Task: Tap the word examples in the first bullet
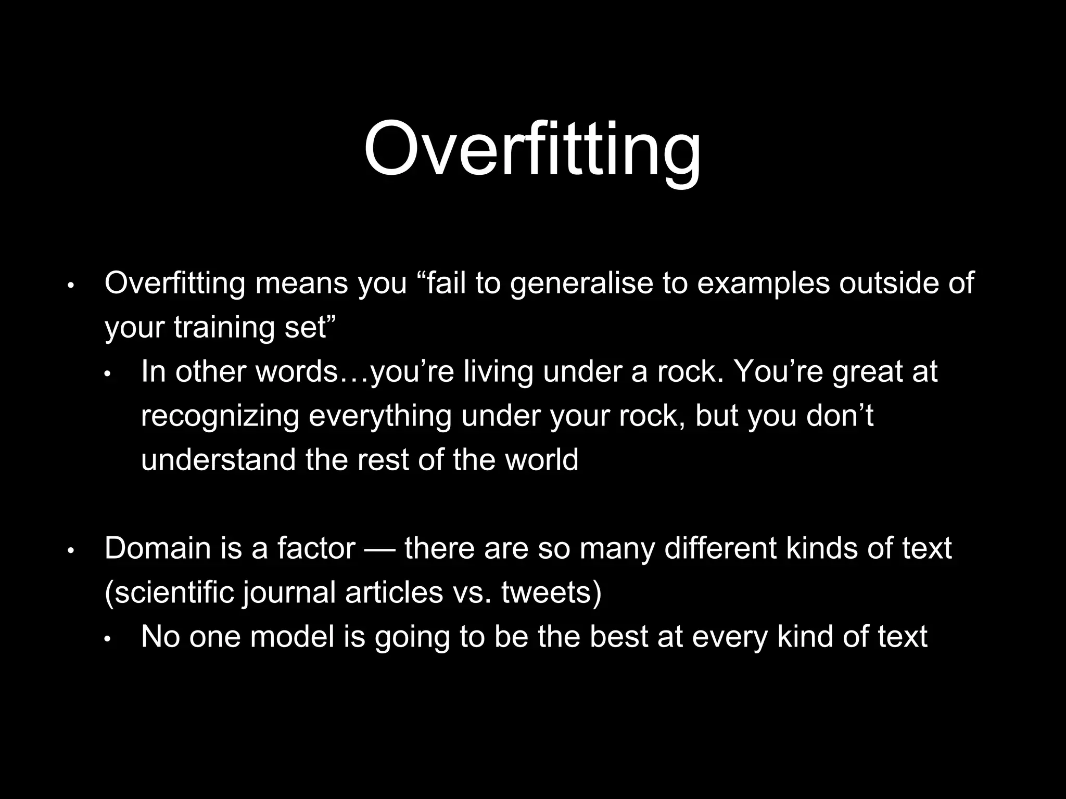click(x=763, y=284)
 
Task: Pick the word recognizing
click(x=220, y=417)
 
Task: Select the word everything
click(x=380, y=417)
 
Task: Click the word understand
click(x=218, y=460)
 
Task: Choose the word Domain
click(x=156, y=549)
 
